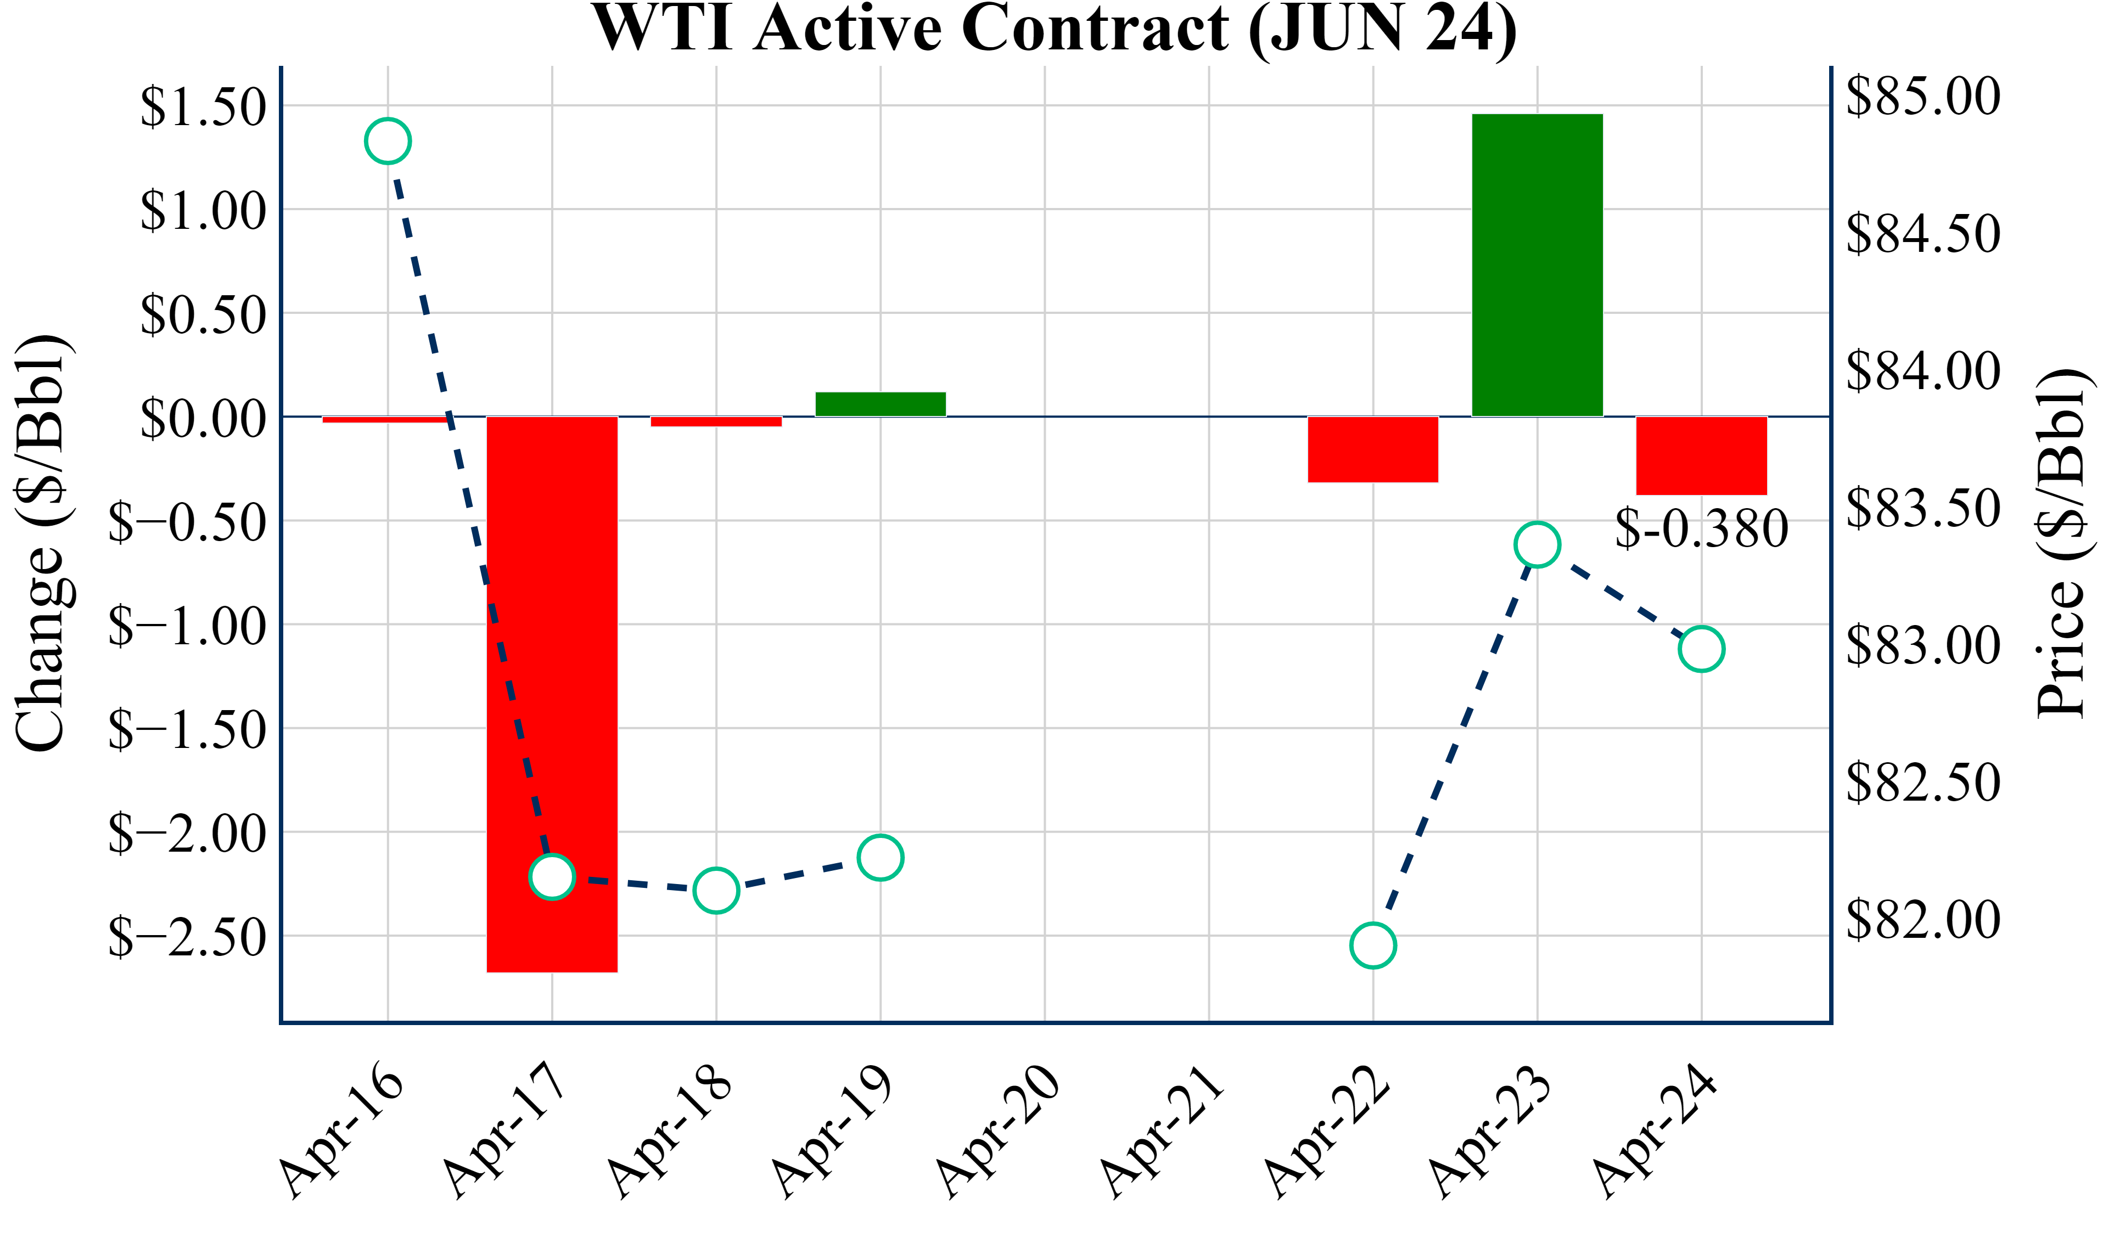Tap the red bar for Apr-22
pyautogui.click(x=1373, y=449)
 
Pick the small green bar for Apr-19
pyautogui.click(x=880, y=404)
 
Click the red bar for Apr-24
pyautogui.click(x=1701, y=456)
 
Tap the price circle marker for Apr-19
pyautogui.click(x=880, y=857)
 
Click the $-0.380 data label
pyautogui.click(x=1701, y=530)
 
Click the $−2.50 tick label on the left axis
pyautogui.click(x=187, y=937)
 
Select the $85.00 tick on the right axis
pyautogui.click(x=1923, y=96)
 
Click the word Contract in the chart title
pyautogui.click(x=1095, y=29)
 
